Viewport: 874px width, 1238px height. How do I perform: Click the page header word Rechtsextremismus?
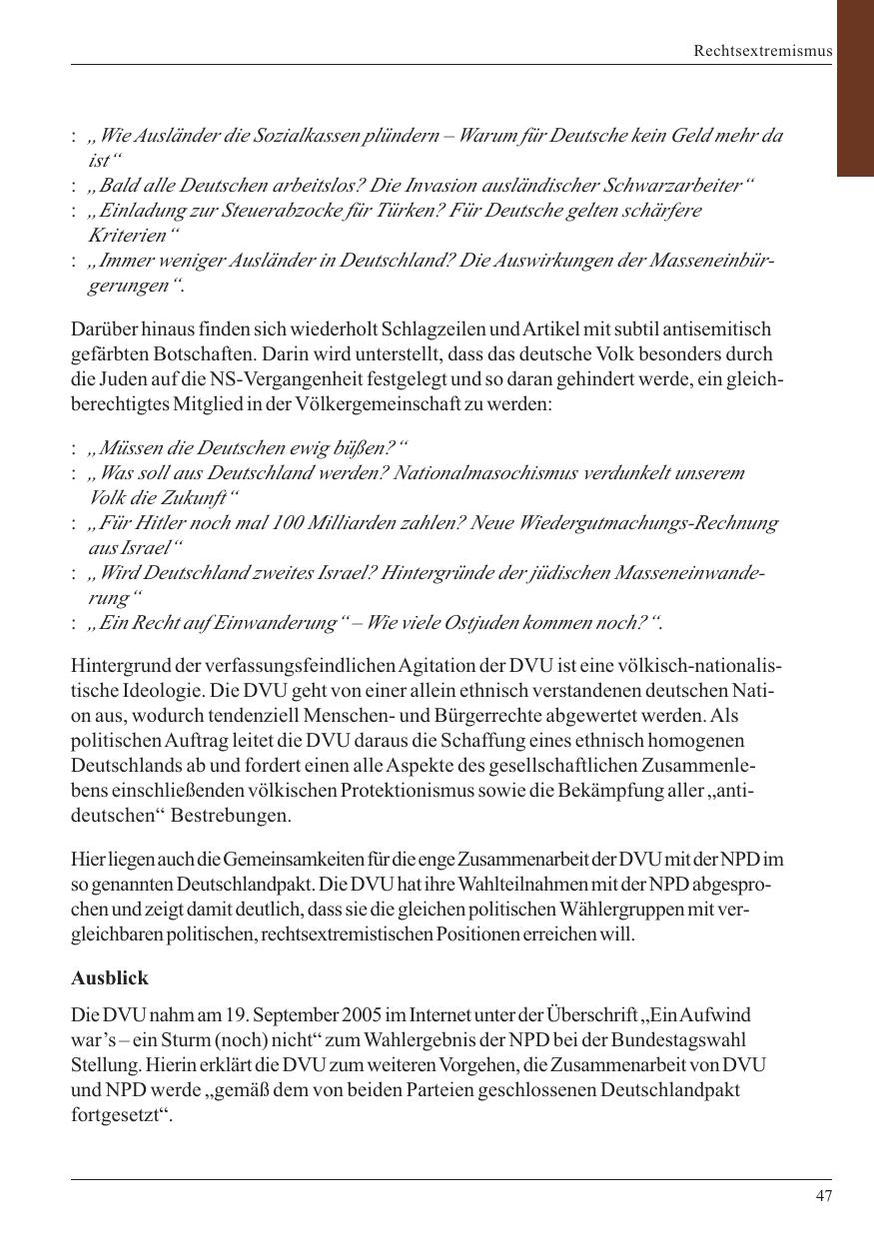(x=763, y=51)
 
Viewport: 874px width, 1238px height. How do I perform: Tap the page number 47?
(x=823, y=1196)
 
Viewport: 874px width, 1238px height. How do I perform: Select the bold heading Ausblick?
(x=110, y=978)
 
